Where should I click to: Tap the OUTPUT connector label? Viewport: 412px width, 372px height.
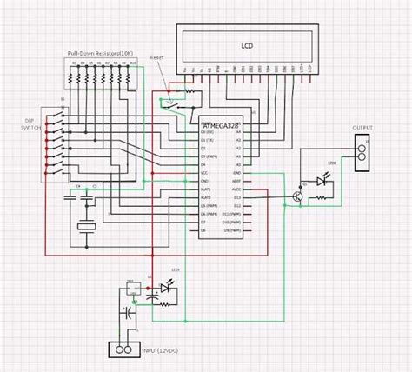tap(362, 128)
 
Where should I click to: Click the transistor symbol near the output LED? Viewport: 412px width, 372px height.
tap(297, 196)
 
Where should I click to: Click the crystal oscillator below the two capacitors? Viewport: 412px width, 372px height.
tap(85, 228)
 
